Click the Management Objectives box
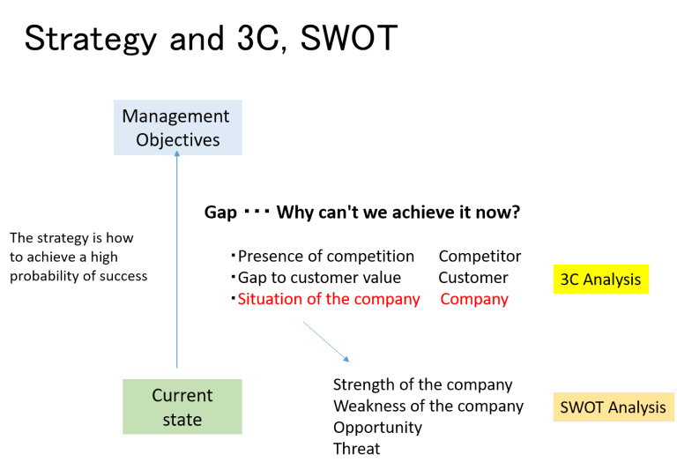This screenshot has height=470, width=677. click(177, 128)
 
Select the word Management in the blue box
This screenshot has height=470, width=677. click(175, 116)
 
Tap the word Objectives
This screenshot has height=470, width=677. click(177, 139)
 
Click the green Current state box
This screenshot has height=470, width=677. click(182, 407)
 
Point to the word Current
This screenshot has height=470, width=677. click(182, 396)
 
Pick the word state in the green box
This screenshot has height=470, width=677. click(182, 420)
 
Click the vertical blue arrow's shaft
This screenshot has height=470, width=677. click(177, 265)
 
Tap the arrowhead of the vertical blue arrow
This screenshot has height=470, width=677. click(177, 156)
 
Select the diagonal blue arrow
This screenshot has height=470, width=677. click(326, 342)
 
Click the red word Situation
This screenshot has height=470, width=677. click(269, 300)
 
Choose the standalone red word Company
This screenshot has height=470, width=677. click(474, 300)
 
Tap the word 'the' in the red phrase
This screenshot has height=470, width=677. click(338, 300)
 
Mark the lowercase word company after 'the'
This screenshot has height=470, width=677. click(387, 300)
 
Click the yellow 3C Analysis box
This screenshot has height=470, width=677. click(600, 280)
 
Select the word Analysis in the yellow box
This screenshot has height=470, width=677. click(613, 280)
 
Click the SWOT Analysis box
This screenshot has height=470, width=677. click(614, 407)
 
